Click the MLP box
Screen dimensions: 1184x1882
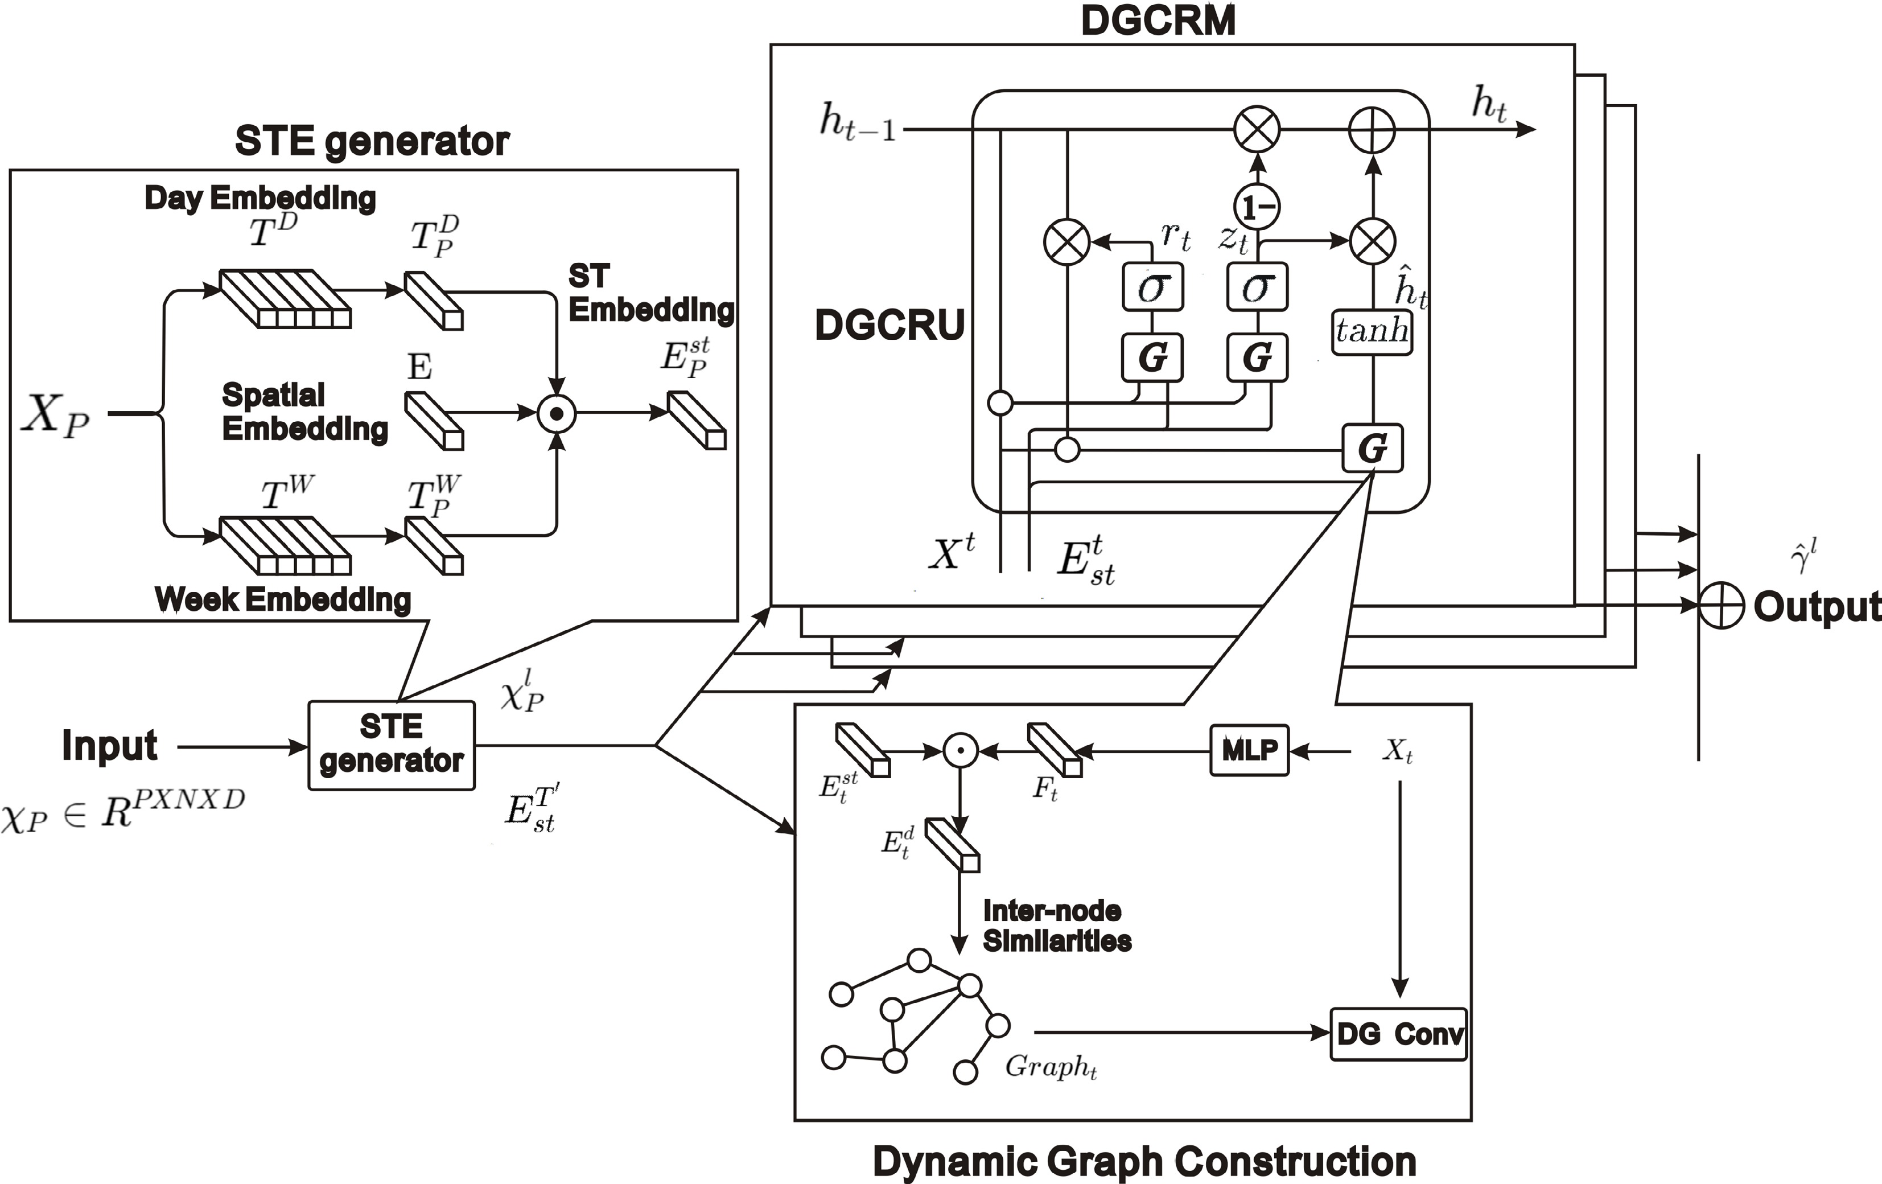[x=1249, y=750]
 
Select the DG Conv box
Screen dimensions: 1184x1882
[x=1398, y=1034]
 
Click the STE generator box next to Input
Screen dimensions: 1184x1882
[x=392, y=745]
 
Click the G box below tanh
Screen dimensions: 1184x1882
[x=1373, y=448]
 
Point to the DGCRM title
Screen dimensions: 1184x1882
[x=1158, y=20]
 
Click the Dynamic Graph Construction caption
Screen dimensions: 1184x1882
[x=1144, y=1161]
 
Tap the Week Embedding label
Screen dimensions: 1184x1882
[x=283, y=599]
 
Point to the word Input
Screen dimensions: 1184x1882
[x=109, y=746]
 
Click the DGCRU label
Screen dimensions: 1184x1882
[x=889, y=324]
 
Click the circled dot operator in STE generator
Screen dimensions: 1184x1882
[x=557, y=413]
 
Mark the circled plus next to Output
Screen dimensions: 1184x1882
[x=1722, y=605]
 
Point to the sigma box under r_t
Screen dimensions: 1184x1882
[x=1152, y=287]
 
